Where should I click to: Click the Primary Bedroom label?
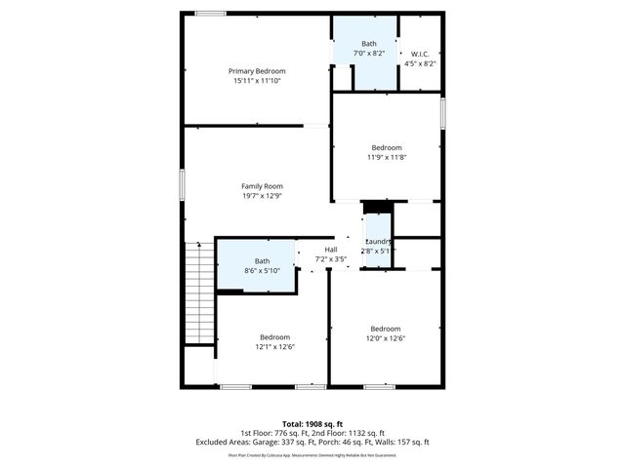(x=257, y=71)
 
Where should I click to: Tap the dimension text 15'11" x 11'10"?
(x=257, y=81)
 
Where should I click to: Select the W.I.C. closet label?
(x=420, y=54)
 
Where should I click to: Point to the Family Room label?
(x=262, y=185)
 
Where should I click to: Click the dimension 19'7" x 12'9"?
(x=262, y=195)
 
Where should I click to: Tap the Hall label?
(x=331, y=250)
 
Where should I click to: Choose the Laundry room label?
(x=378, y=241)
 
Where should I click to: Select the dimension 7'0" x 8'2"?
(x=368, y=54)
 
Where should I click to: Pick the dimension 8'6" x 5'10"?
(x=263, y=270)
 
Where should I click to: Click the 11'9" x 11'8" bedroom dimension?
(x=386, y=157)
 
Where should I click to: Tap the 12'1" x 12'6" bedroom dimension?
(x=275, y=346)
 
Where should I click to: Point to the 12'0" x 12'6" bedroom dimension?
(x=385, y=338)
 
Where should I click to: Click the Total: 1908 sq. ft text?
(x=312, y=424)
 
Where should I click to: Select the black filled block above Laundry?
(x=376, y=207)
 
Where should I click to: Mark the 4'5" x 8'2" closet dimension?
(x=420, y=63)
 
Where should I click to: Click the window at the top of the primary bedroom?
(x=210, y=13)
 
